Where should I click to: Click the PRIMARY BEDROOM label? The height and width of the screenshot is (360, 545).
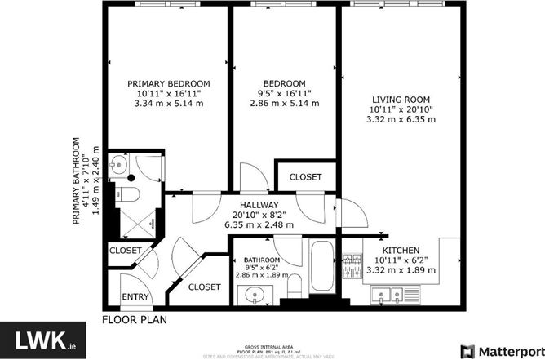(169, 84)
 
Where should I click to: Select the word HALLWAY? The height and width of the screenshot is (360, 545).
(259, 205)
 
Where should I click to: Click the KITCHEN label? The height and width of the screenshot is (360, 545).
(401, 250)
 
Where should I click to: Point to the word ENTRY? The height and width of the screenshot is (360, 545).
(135, 296)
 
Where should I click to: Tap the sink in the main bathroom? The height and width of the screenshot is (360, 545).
(259, 296)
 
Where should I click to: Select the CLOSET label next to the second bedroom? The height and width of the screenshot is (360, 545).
(305, 176)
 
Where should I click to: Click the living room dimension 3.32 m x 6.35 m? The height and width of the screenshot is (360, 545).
(401, 119)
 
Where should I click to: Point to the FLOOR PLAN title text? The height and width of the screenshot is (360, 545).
(135, 319)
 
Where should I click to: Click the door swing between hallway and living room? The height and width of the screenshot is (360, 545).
(352, 214)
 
